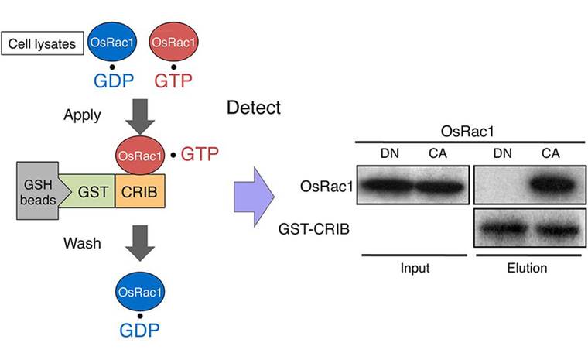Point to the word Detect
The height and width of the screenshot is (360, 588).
coord(253,108)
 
